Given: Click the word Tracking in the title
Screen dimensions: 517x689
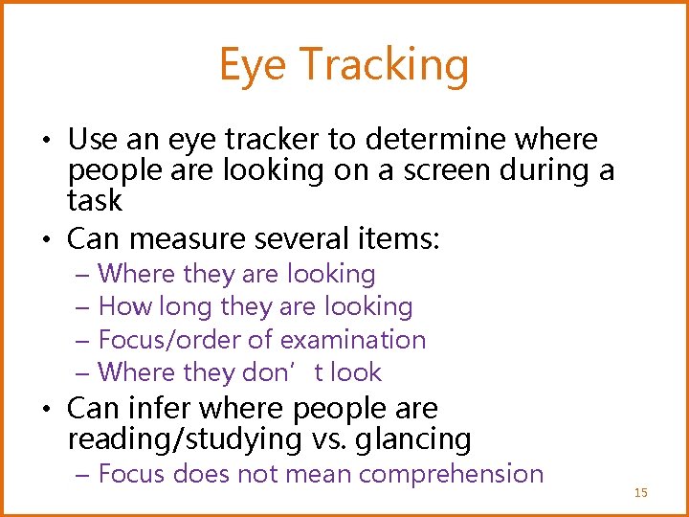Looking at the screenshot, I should click(x=385, y=65).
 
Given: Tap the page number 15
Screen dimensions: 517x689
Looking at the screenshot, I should click(x=640, y=492).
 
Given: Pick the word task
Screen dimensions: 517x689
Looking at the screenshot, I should click(x=95, y=200).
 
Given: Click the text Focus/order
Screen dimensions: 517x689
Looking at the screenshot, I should click(x=158, y=339).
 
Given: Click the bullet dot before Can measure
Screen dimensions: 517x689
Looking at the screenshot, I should click(x=48, y=237).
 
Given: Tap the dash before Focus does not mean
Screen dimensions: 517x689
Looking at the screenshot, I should click(x=83, y=474).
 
